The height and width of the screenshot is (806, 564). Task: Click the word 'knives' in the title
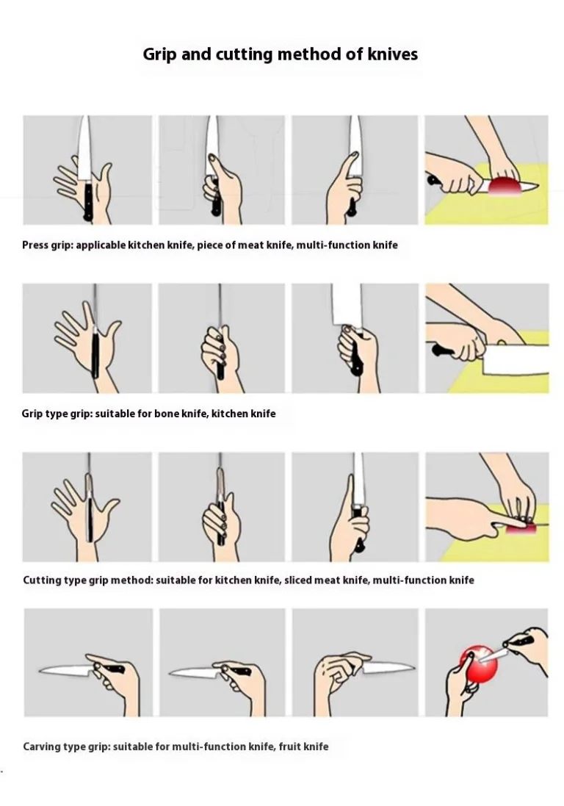[x=392, y=54]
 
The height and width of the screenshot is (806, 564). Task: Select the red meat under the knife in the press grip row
[x=505, y=187]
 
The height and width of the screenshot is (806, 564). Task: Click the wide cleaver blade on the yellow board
[x=516, y=359]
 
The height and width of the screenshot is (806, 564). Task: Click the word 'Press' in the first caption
[x=35, y=245]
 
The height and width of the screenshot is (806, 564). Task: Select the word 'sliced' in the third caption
[x=298, y=580]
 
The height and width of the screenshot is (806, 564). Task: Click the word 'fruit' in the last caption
[x=290, y=747]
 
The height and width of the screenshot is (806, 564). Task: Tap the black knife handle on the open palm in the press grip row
[x=88, y=199]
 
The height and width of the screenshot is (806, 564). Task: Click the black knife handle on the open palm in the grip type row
[x=95, y=355]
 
